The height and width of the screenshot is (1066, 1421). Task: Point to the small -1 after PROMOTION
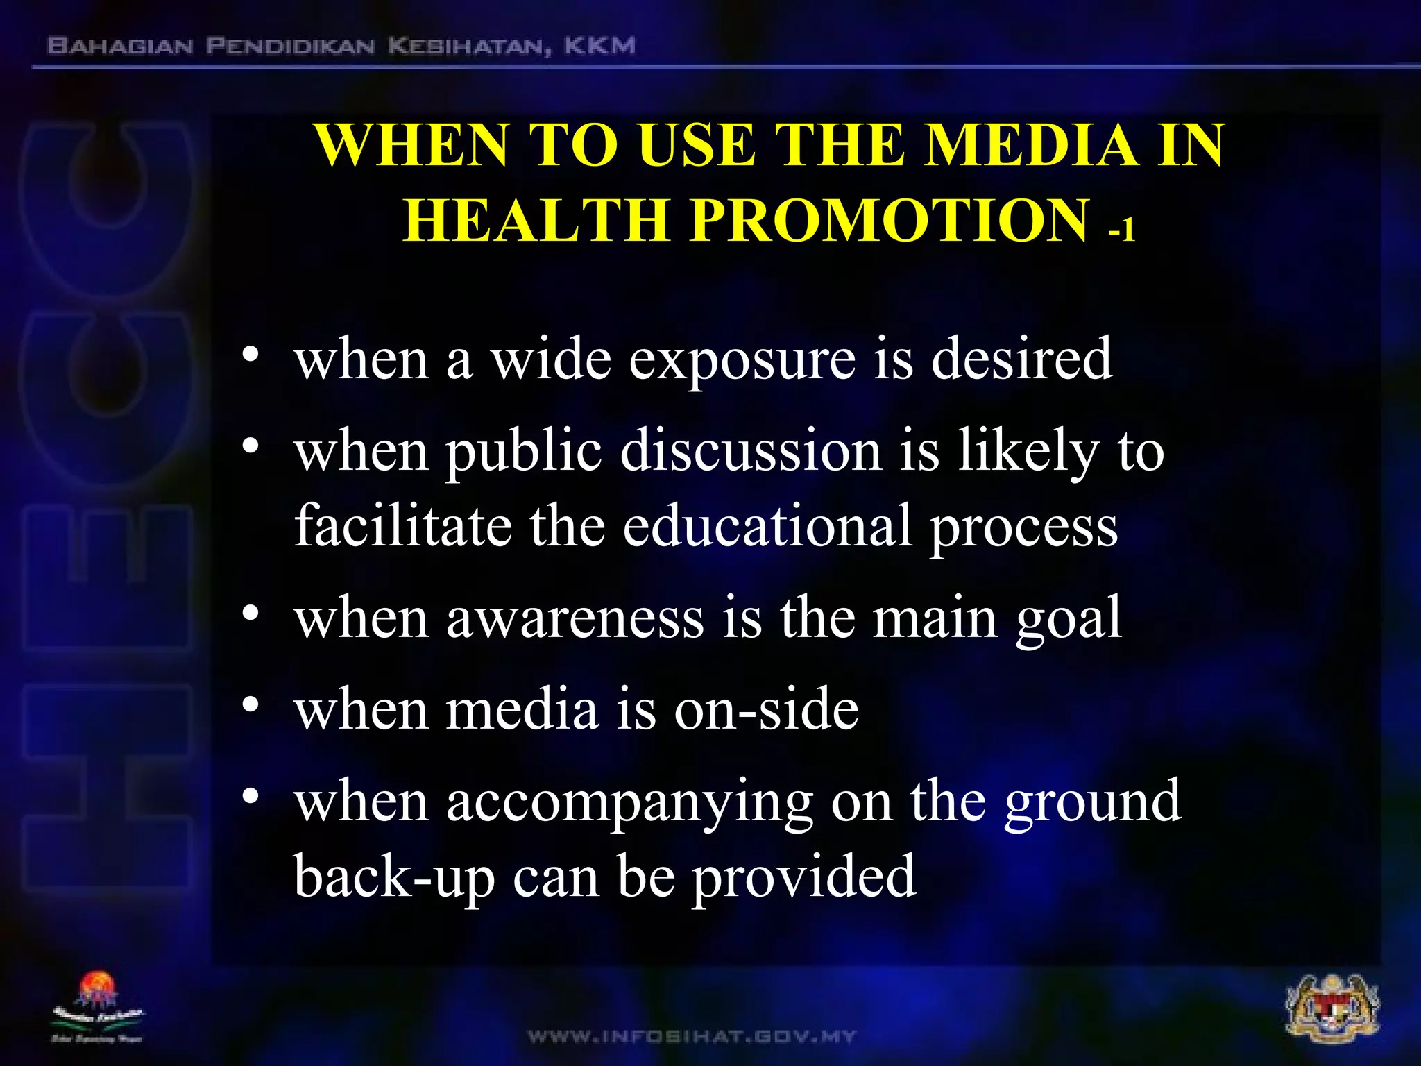pos(1121,228)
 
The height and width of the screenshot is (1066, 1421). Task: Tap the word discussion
pos(751,450)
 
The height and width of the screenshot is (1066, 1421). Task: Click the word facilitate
pos(402,525)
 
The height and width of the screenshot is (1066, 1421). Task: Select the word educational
pos(767,525)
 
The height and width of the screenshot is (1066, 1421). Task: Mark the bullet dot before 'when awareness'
pos(250,614)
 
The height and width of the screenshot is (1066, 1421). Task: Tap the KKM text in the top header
pos(599,46)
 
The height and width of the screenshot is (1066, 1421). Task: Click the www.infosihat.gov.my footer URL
pos(692,1037)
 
